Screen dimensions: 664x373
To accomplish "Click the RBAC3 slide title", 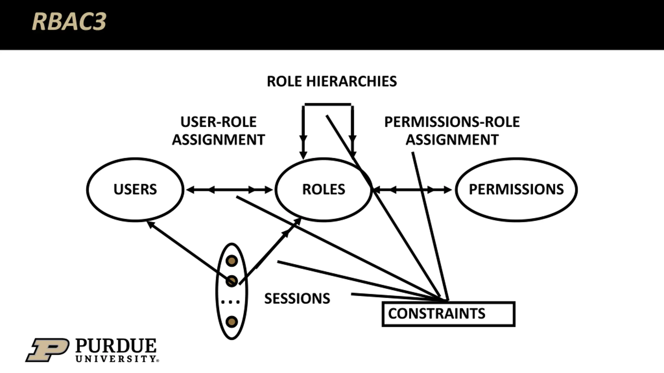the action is pos(69,22).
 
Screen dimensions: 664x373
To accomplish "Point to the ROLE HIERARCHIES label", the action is pos(332,81).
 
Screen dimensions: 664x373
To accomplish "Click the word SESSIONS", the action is pos(297,299).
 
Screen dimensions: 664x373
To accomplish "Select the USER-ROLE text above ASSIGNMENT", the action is pos(218,122).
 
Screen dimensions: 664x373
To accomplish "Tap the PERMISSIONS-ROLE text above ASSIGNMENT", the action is pos(452,122).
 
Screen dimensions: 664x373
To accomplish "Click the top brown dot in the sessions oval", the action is pos(232,261).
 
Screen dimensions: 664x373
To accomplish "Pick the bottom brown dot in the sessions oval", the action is pos(232,322).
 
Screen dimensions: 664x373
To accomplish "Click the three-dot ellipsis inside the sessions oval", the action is pos(230,302).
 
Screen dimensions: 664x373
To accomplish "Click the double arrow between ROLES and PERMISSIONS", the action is pos(413,190).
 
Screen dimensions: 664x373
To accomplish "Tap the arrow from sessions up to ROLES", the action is pos(270,251).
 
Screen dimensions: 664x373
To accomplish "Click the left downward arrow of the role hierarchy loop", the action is pos(303,132).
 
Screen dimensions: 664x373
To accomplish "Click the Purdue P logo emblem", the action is pos(47,350).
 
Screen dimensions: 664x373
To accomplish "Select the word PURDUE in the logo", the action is pos(116,346).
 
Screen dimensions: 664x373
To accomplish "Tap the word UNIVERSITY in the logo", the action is pos(116,359).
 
